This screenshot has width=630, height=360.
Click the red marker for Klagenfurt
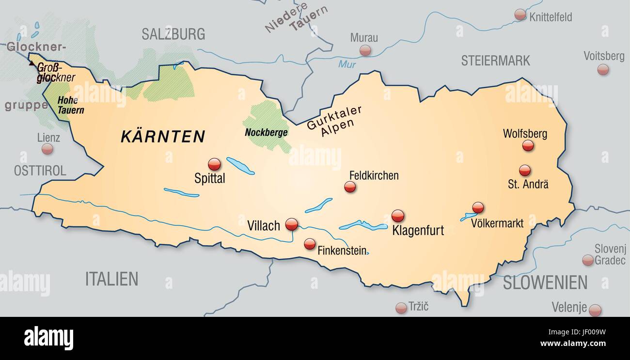click(397, 216)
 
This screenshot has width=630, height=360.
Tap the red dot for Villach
click(291, 224)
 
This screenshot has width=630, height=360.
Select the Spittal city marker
click(214, 164)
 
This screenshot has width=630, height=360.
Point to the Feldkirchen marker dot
click(350, 187)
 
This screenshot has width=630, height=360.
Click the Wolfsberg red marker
click(528, 145)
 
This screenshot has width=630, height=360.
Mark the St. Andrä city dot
click(524, 170)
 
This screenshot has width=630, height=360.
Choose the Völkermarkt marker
click(478, 207)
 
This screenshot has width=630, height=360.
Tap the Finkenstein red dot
click(310, 244)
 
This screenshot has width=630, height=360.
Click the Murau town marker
click(365, 50)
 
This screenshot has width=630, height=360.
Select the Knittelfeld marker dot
click(520, 15)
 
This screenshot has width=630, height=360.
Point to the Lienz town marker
click(47, 149)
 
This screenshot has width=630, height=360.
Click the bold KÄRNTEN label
click(163, 137)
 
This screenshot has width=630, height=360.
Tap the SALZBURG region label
click(173, 34)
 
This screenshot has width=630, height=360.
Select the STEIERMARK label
click(495, 61)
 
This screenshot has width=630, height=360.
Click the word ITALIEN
click(111, 279)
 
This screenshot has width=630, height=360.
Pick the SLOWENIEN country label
click(545, 282)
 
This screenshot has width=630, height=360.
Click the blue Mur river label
click(347, 64)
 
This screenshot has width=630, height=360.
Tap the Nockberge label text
click(266, 132)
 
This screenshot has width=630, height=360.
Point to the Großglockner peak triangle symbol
click(31, 63)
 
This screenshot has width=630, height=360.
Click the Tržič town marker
click(401, 308)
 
